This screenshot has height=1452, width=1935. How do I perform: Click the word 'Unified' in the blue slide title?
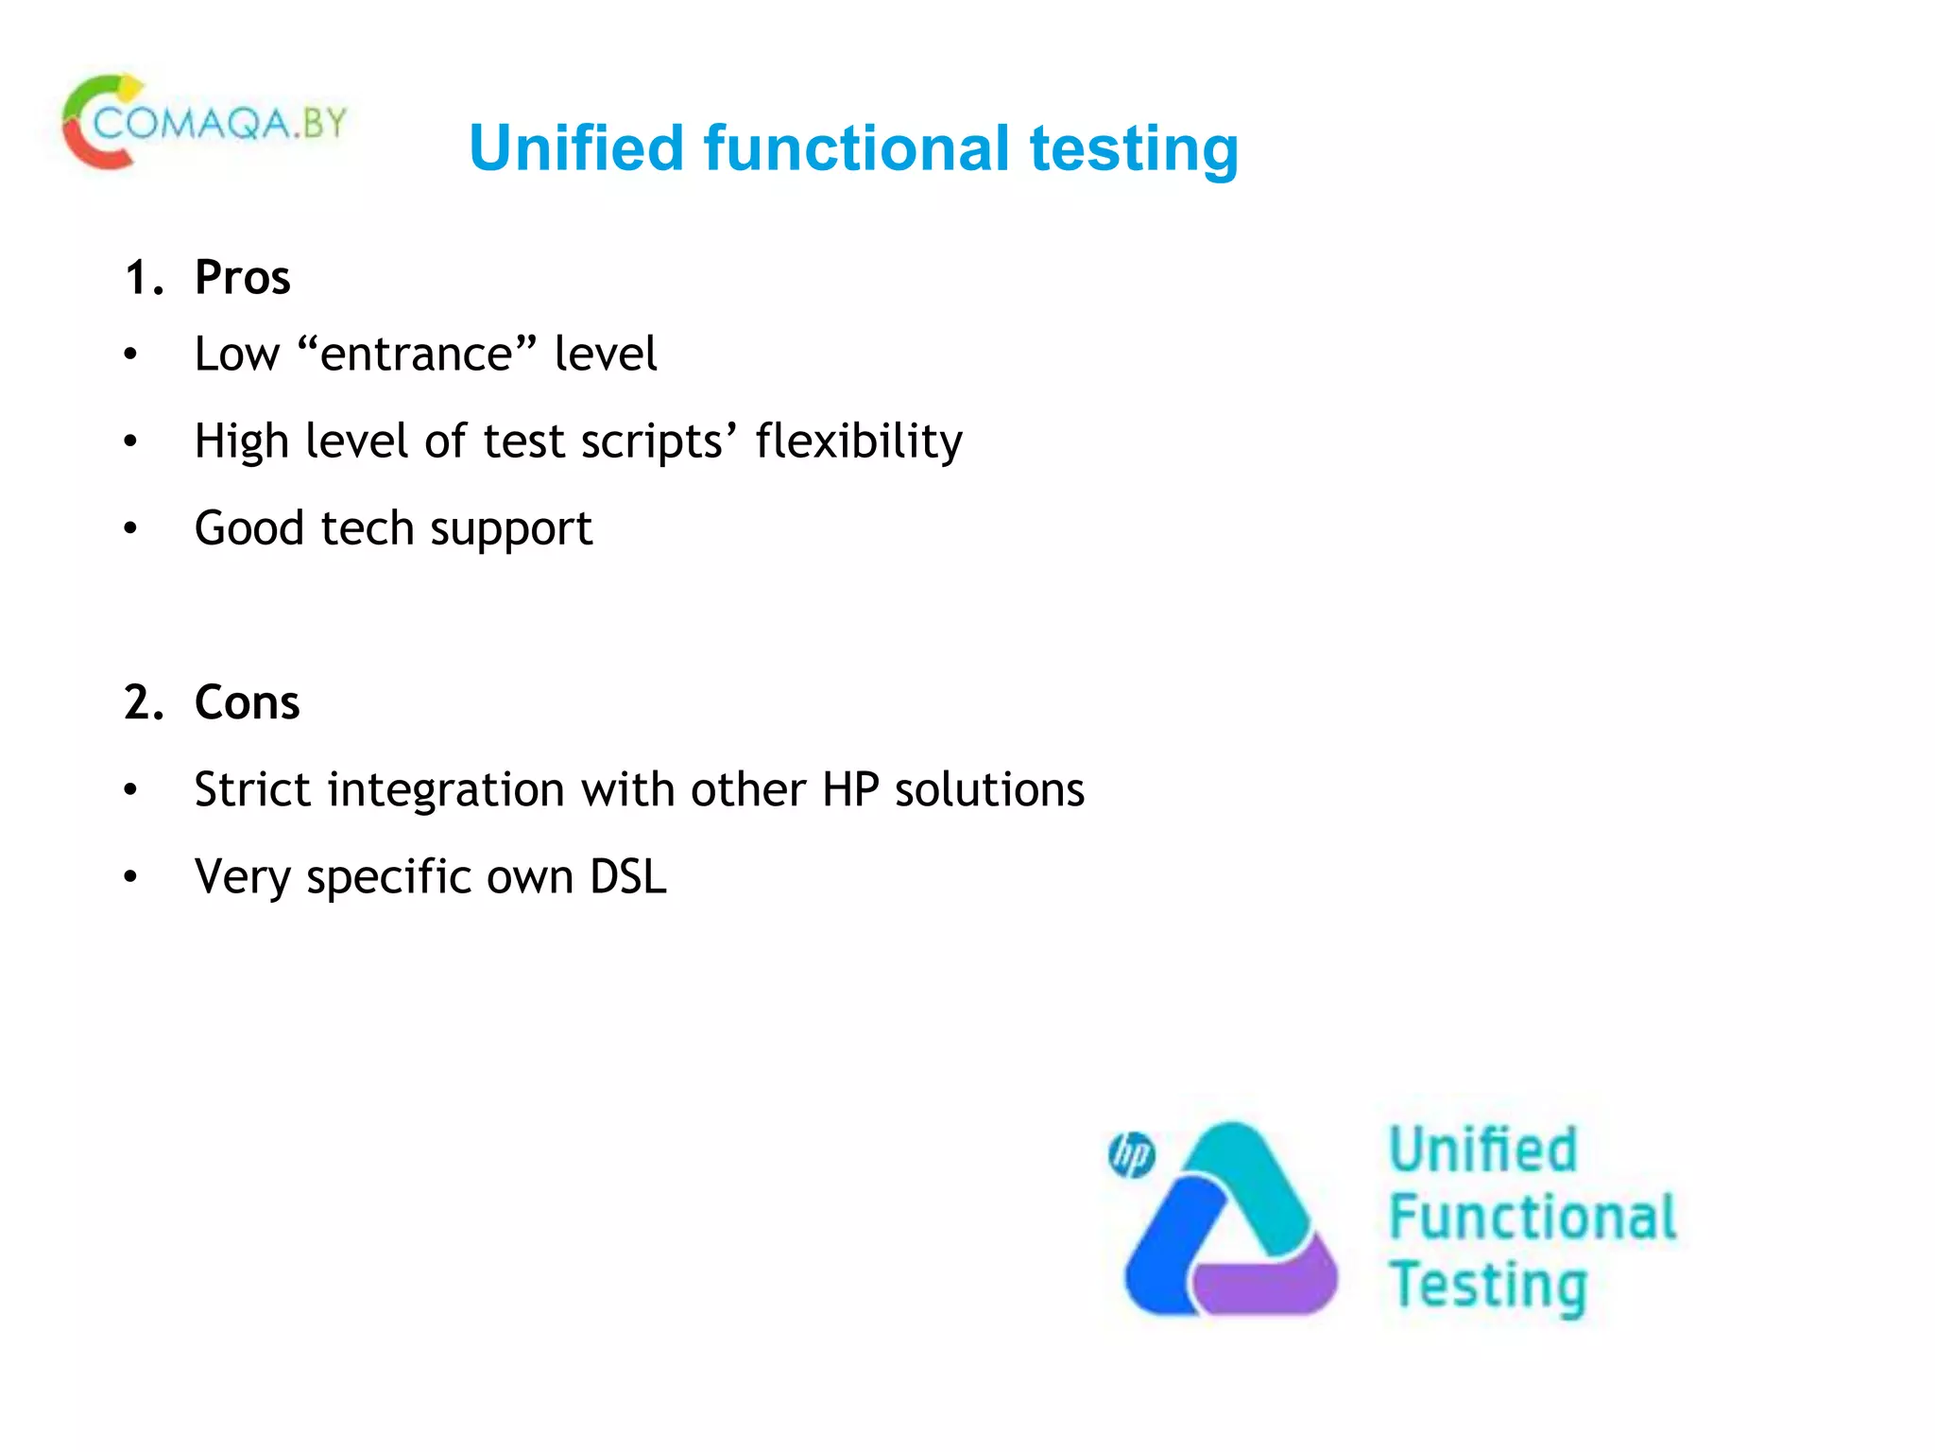pos(575,148)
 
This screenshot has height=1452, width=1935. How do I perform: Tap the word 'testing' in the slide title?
pos(1133,150)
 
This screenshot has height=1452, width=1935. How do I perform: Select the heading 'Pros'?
pos(242,278)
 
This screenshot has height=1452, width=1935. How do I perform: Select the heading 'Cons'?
pos(247,702)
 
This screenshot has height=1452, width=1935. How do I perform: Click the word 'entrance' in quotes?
pos(417,354)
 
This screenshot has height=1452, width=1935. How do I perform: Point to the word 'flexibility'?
pos(859,441)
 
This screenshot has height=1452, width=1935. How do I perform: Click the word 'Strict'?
pos(251,789)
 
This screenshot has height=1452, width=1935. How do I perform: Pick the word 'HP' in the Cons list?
pos(850,789)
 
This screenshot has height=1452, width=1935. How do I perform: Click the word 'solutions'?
pos(989,789)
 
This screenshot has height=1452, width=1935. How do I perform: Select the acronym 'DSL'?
pos(628,876)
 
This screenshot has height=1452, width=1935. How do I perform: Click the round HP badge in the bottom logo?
pos(1131,1155)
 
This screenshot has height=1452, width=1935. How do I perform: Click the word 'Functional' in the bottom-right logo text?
pos(1532,1217)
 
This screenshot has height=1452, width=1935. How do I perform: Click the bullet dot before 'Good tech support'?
pos(130,528)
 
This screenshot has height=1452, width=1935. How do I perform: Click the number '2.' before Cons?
pos(144,702)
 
